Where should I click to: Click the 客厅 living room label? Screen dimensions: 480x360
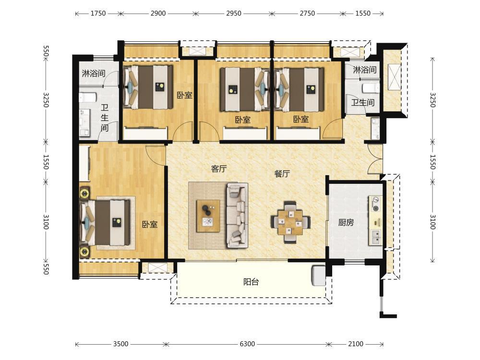coord(219,168)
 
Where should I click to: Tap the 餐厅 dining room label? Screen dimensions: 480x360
coord(282,174)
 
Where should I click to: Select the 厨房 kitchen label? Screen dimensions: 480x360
coord(346,222)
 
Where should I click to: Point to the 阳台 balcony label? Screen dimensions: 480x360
coord(251,282)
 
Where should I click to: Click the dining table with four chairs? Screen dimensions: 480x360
coord(290,222)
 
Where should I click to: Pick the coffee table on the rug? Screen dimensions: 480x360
coord(208,216)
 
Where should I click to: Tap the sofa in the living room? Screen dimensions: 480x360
coord(237,215)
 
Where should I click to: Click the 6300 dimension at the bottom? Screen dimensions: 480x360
coord(247,344)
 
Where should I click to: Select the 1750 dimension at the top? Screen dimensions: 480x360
coord(98,13)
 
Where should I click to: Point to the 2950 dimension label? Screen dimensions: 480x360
coord(234,13)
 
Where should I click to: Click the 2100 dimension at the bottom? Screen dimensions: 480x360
coord(356,344)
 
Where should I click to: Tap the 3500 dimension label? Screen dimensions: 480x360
coord(120,344)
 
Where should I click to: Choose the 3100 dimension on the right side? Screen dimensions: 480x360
coord(432,222)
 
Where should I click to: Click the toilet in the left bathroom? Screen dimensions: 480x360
coord(88,97)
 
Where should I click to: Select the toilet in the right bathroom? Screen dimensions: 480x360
coord(371,88)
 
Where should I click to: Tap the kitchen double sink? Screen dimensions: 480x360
coord(375,237)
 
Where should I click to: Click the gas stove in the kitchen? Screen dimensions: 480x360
coord(375,204)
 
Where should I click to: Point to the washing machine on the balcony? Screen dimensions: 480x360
coord(318,276)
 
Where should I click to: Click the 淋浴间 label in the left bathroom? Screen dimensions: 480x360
coord(94,73)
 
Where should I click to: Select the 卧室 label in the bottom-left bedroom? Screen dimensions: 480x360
coord(150,224)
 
